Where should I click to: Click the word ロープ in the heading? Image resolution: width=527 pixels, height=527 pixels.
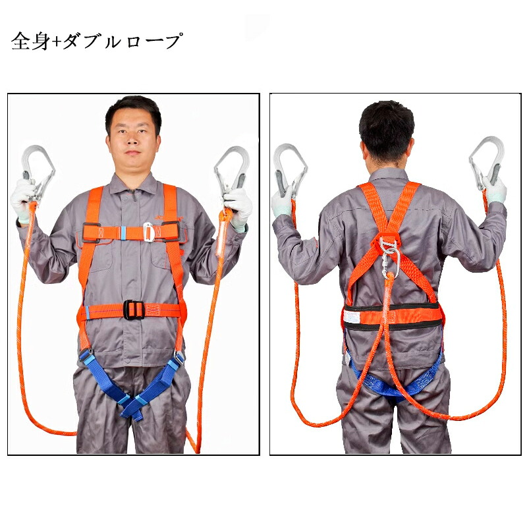tap(154, 42)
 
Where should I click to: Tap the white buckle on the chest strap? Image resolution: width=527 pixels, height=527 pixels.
tap(148, 231)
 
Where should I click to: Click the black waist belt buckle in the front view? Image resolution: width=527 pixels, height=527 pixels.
tap(134, 310)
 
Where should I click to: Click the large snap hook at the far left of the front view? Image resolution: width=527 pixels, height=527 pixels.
tap(38, 173)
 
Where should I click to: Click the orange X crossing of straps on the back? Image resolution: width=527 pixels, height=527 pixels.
tap(389, 232)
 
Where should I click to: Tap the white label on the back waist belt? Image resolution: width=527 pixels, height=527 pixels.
tap(352, 317)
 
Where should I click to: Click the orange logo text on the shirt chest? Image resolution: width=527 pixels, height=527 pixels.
tap(168, 218)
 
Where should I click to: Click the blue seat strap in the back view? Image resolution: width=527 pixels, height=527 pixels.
tap(396, 383)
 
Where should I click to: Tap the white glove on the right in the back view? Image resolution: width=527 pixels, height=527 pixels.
tap(495, 190)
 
